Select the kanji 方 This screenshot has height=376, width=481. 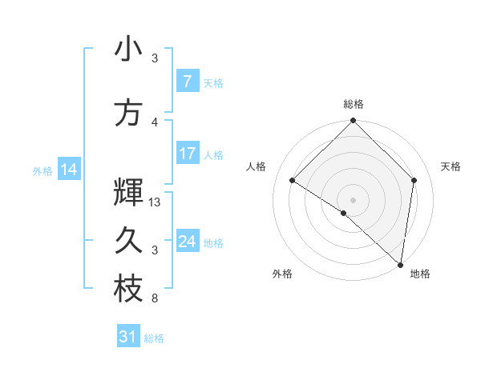pos(128,113)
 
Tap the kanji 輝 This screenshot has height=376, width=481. pos(128,193)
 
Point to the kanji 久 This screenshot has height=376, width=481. pos(128,241)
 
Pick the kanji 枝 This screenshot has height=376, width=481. pos(128,290)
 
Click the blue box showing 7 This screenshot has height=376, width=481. pos(187,82)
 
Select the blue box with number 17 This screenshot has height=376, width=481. pos(187,154)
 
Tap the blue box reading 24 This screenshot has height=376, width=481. pos(187,242)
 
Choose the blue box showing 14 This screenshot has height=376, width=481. pos(68,170)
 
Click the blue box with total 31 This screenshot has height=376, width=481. pos(128,338)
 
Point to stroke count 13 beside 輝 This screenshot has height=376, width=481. pos(156,202)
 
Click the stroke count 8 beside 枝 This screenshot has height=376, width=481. pos(155,298)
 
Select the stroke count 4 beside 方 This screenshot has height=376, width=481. pos(155,122)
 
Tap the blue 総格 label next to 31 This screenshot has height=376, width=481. pos(154,338)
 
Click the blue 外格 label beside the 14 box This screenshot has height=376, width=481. pos(42,170)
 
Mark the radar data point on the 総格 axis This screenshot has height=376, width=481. pos(353,121)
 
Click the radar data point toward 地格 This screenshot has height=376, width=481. pos(400,264)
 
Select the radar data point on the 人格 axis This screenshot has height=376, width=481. pos(293,181)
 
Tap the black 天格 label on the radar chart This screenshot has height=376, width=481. pos(451,166)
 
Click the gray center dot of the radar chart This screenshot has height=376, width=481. pos(353,200)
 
